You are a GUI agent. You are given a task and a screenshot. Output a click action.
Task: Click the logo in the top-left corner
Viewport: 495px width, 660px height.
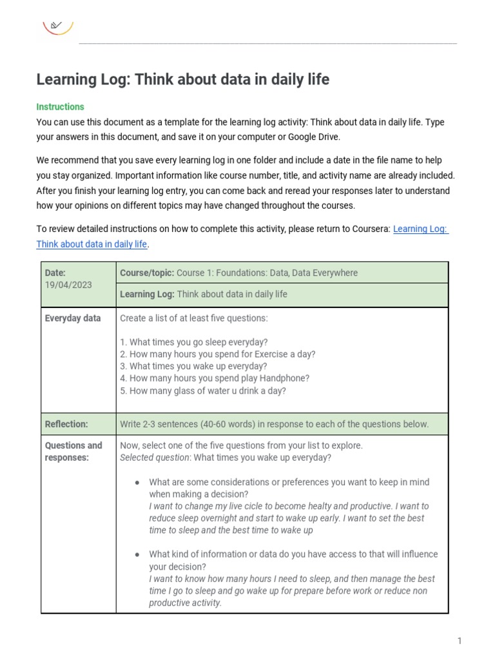58,26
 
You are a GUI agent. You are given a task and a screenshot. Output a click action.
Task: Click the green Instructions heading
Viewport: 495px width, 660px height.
60,107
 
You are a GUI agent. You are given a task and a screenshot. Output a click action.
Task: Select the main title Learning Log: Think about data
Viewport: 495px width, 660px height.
182,79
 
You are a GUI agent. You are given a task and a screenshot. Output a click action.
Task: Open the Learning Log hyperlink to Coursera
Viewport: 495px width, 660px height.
420,229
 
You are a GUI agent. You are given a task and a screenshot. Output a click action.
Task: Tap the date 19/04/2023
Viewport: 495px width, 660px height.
68,284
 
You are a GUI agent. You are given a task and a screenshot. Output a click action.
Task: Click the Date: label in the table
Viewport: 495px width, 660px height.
55,273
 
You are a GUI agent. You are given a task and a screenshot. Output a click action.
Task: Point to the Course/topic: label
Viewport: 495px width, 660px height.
147,273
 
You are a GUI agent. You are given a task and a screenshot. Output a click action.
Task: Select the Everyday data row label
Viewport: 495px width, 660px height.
73,318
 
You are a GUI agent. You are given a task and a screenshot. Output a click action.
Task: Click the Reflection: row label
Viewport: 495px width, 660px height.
66,424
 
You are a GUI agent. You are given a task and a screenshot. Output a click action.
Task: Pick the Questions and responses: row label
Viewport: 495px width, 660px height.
73,452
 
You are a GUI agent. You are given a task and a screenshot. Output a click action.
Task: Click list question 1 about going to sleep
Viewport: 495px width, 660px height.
194,342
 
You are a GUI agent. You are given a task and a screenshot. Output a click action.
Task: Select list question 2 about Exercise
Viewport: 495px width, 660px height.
217,354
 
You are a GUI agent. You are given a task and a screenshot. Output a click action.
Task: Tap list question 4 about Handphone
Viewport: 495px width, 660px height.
215,378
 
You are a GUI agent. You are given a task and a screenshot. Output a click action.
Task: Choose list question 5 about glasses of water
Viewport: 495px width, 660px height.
203,391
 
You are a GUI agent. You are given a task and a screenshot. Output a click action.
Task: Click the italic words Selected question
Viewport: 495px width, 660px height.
155,458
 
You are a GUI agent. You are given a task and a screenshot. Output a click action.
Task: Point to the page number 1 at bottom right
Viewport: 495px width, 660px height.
460,641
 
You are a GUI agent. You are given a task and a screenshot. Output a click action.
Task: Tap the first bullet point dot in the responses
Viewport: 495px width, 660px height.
137,483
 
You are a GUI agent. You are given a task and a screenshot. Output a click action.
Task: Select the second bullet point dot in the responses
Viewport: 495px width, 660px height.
137,555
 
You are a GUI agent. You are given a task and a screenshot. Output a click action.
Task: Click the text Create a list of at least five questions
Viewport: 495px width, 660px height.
193,318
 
